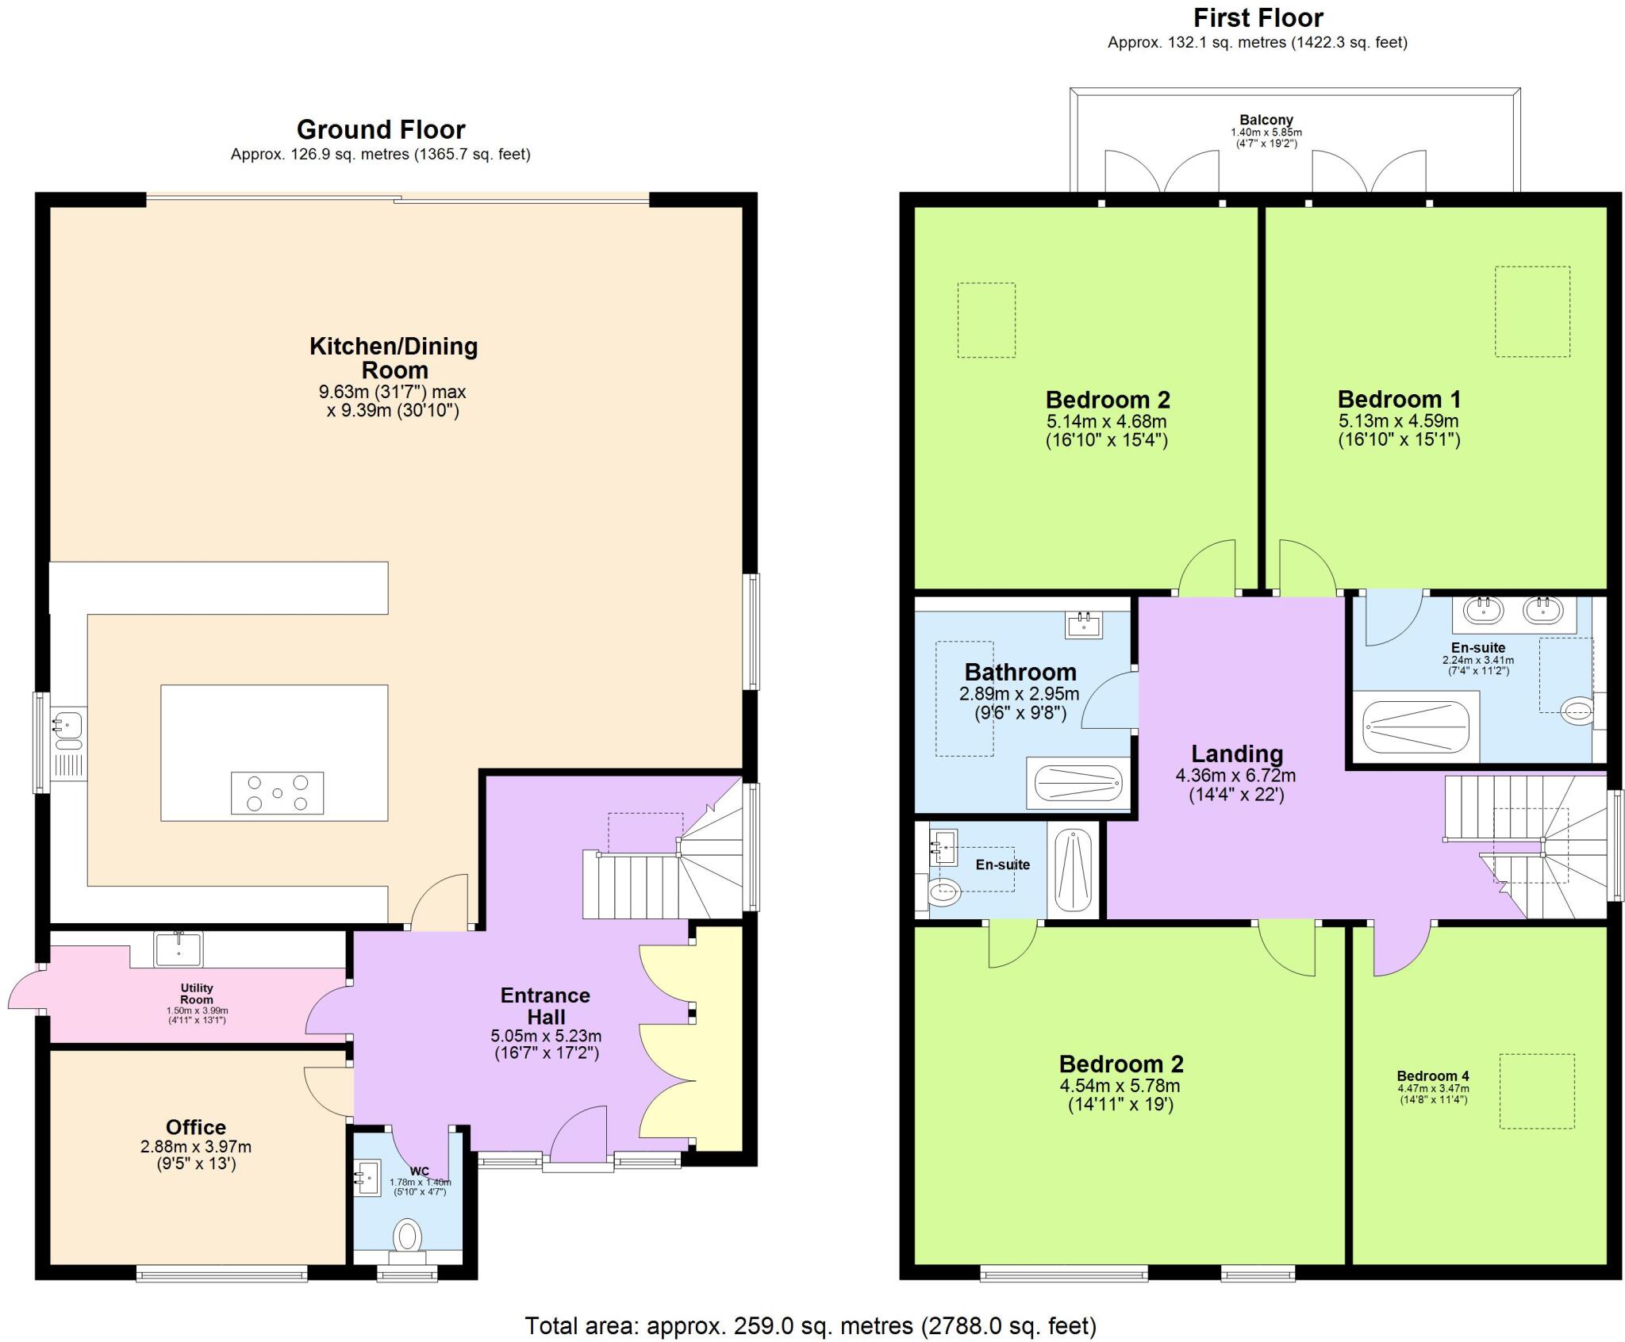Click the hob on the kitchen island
pyautogui.click(x=277, y=792)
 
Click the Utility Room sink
pyautogui.click(x=179, y=948)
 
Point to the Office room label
pyautogui.click(x=195, y=1127)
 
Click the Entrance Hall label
pyautogui.click(x=545, y=1006)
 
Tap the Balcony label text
pyautogui.click(x=1266, y=121)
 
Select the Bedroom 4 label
pyautogui.click(x=1433, y=1076)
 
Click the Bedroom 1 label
pyautogui.click(x=1399, y=399)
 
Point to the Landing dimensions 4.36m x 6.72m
pyautogui.click(x=1236, y=776)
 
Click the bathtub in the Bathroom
pyautogui.click(x=1078, y=784)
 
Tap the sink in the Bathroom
pyautogui.click(x=1084, y=625)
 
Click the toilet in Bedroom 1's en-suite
pyautogui.click(x=1576, y=711)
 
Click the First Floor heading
pyautogui.click(x=1258, y=17)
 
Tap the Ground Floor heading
pyautogui.click(x=381, y=129)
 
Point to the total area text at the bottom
pyautogui.click(x=810, y=1325)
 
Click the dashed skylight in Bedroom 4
pyautogui.click(x=1536, y=1091)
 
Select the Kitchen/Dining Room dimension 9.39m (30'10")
pyautogui.click(x=393, y=411)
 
